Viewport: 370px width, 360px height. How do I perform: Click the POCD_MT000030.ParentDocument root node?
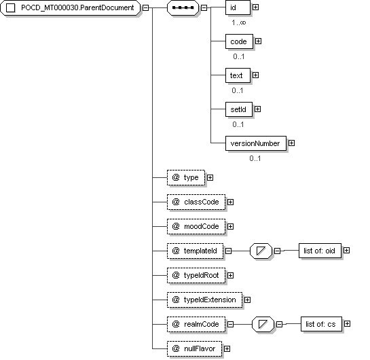71,7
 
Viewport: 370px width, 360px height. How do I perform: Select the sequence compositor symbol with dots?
183,7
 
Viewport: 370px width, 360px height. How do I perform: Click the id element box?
238,7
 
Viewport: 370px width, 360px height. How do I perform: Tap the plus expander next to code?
259,41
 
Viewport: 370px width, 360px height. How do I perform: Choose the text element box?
238,75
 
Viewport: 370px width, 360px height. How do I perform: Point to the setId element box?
239,109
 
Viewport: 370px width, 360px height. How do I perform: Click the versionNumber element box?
256,143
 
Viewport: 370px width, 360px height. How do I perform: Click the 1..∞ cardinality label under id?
238,22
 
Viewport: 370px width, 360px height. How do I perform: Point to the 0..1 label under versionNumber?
255,158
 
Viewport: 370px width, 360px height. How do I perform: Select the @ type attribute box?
186,177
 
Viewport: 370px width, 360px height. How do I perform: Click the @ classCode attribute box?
196,202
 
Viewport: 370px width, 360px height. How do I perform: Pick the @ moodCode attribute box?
196,227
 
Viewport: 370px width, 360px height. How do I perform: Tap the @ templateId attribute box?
195,251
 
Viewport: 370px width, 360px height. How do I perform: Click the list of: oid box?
320,251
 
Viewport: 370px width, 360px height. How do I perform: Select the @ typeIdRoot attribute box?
196,276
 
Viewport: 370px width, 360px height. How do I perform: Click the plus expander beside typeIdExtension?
247,300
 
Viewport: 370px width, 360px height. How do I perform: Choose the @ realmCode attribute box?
196,325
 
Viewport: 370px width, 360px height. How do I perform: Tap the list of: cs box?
321,324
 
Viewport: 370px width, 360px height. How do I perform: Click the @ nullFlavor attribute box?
194,349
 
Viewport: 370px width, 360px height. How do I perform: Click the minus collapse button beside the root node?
146,7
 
